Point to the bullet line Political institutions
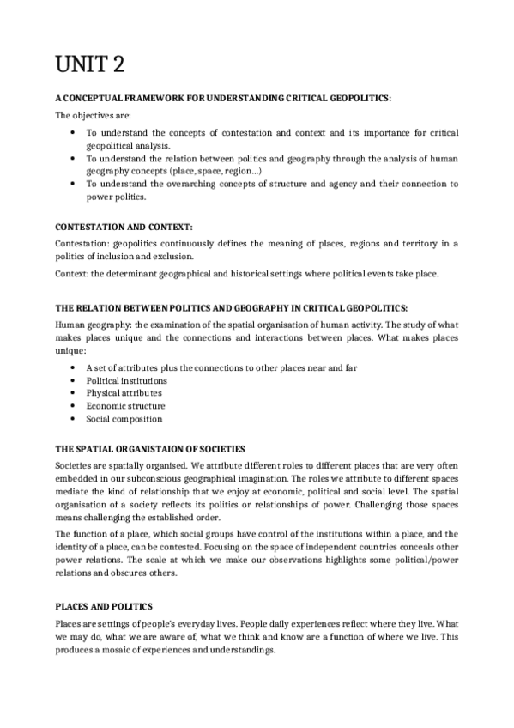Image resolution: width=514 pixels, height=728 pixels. pyautogui.click(x=126, y=380)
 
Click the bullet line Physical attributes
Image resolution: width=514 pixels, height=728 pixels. pyautogui.click(x=124, y=393)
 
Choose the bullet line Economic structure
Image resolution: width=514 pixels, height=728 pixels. pyautogui.click(x=125, y=406)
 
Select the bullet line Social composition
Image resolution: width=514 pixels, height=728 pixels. pyautogui.click(x=124, y=419)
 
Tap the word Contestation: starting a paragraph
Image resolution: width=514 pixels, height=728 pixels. pyautogui.click(x=83, y=245)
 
